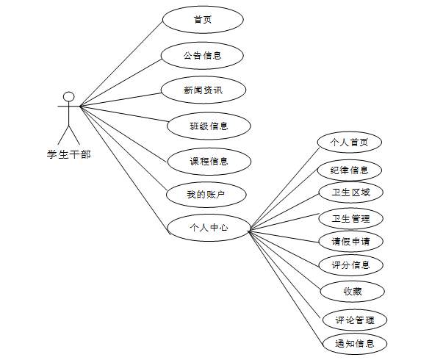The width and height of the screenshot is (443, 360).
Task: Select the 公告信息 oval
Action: click(x=203, y=55)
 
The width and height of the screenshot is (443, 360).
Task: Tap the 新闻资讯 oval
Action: click(x=203, y=90)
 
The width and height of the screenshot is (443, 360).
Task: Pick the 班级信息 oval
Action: click(x=209, y=126)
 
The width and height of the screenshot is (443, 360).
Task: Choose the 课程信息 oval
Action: click(x=209, y=161)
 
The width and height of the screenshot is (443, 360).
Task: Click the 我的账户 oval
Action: click(x=206, y=195)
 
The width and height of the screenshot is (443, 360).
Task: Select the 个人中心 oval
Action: click(x=209, y=228)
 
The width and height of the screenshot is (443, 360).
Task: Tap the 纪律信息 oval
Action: click(x=350, y=170)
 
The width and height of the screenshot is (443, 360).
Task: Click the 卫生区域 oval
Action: click(x=350, y=193)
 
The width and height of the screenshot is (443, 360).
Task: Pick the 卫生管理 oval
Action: click(x=350, y=218)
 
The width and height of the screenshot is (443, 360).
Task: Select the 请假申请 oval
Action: click(x=350, y=241)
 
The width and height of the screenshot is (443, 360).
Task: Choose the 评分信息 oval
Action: click(x=350, y=264)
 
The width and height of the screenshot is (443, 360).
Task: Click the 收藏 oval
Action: click(x=352, y=291)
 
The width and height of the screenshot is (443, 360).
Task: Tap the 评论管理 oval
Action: click(x=355, y=320)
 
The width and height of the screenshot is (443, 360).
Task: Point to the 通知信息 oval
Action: click(x=355, y=343)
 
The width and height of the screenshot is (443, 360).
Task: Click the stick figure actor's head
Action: click(x=69, y=96)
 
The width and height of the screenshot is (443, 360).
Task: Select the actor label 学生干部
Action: click(x=69, y=154)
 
